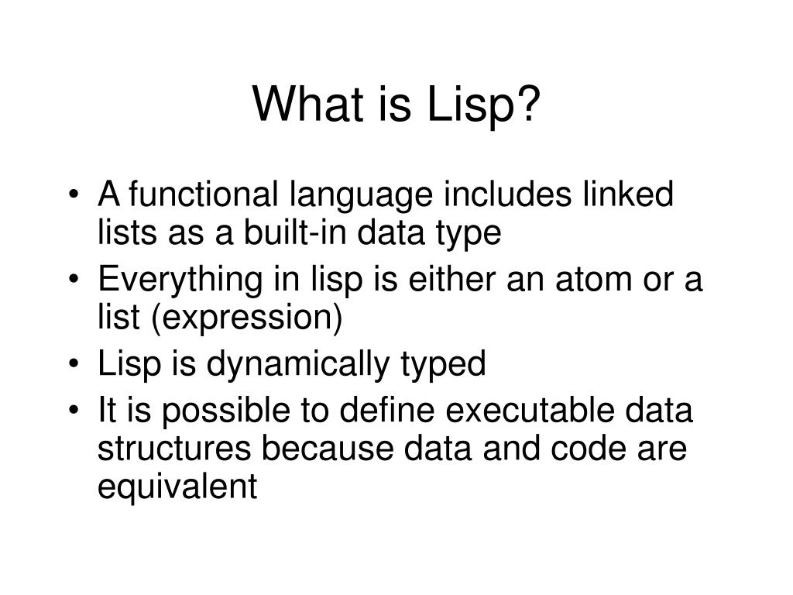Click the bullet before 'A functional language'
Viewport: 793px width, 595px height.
pos(74,196)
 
